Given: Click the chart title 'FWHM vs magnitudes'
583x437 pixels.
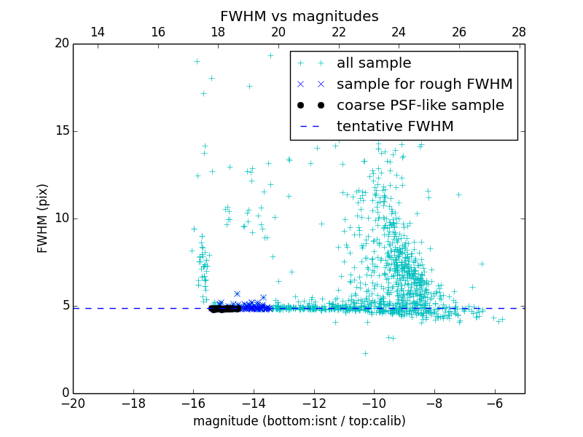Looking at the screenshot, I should pyautogui.click(x=299, y=16).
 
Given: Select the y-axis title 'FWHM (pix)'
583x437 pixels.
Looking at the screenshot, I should pyautogui.click(x=43, y=219).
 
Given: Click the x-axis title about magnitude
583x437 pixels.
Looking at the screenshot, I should pyautogui.click(x=299, y=421).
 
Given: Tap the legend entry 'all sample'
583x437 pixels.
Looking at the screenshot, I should pyautogui.click(x=373, y=63).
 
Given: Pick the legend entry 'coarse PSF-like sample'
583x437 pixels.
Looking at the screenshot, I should pyautogui.click(x=420, y=106).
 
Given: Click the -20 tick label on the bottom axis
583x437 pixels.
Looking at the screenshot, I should pyautogui.click(x=73, y=403).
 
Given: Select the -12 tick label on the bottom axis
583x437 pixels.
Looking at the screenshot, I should pyautogui.click(x=313, y=403).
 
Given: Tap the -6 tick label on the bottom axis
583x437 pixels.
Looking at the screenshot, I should pyautogui.click(x=494, y=403).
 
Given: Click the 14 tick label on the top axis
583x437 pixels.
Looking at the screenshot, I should pyautogui.click(x=98, y=32).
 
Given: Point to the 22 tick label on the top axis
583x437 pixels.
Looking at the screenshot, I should pyautogui.click(x=338, y=32).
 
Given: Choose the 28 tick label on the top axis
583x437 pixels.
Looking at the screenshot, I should pyautogui.click(x=519, y=32).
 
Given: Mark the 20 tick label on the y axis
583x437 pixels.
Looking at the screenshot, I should pyautogui.click(x=61, y=44).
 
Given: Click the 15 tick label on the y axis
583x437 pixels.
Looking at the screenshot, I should pyautogui.click(x=61, y=131).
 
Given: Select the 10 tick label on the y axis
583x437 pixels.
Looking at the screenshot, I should pyautogui.click(x=61, y=219).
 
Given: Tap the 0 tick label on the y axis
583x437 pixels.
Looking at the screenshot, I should pyautogui.click(x=64, y=393).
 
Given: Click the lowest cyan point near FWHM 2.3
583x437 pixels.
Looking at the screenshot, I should pyautogui.click(x=365, y=353).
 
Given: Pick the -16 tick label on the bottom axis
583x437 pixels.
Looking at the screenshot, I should pyautogui.click(x=193, y=403).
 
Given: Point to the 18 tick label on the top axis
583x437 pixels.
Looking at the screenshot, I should pyautogui.click(x=218, y=32).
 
